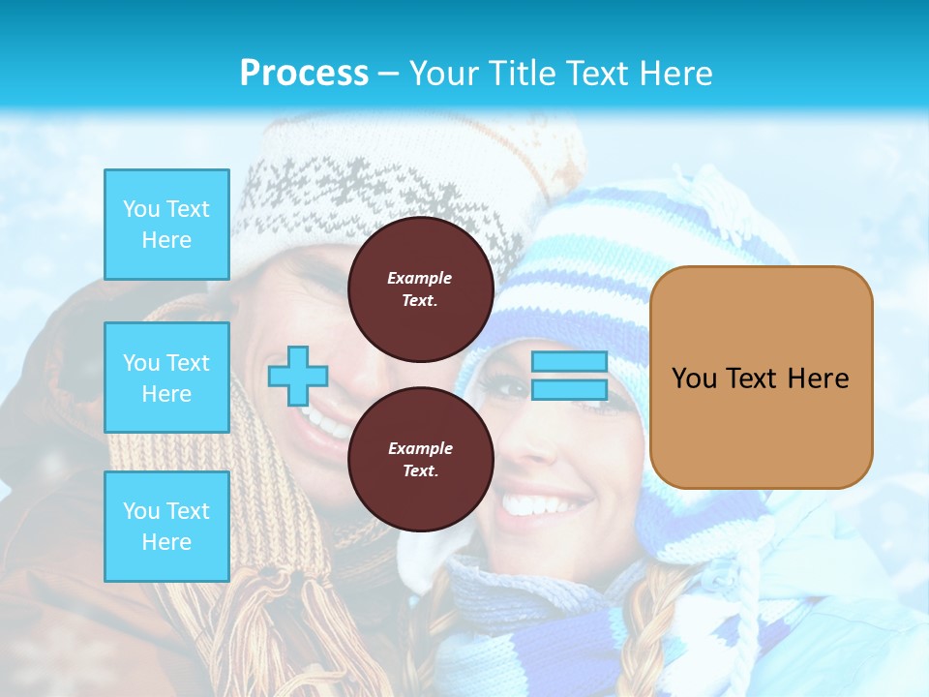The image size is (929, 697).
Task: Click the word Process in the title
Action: pyautogui.click(x=304, y=74)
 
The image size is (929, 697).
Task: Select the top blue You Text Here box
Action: pyautogui.click(x=166, y=225)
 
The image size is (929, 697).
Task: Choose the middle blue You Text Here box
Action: pyautogui.click(x=166, y=378)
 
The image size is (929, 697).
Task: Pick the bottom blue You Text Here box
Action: pyautogui.click(x=166, y=527)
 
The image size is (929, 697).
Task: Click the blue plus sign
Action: pyautogui.click(x=297, y=376)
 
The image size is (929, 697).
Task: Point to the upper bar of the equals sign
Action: pyautogui.click(x=569, y=362)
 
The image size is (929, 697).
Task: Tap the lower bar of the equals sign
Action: pyautogui.click(x=569, y=389)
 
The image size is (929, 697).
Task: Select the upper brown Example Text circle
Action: pyautogui.click(x=420, y=289)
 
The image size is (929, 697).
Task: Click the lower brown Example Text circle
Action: pyautogui.click(x=420, y=460)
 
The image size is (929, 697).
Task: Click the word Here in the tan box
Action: pyautogui.click(x=818, y=378)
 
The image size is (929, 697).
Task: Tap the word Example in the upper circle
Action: pyautogui.click(x=419, y=278)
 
